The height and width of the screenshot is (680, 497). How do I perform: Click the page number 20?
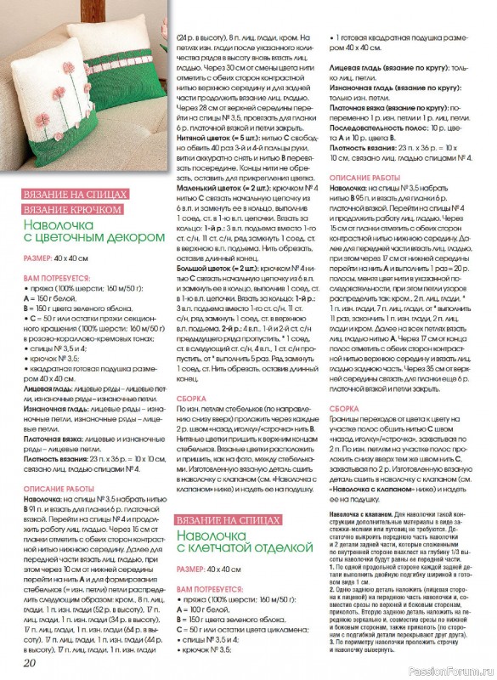click(29, 662)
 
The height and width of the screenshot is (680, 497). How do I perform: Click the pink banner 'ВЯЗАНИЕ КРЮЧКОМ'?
click(74, 209)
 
